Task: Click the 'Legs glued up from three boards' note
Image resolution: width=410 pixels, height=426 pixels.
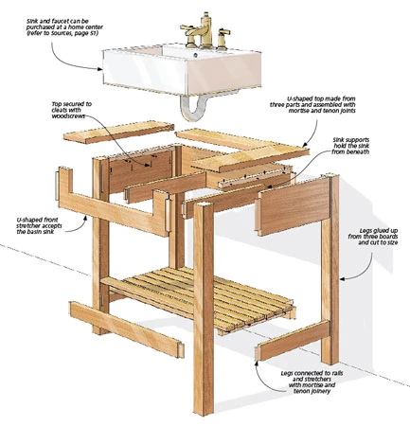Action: click(x=373, y=237)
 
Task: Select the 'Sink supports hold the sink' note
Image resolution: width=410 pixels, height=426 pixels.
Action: click(x=350, y=146)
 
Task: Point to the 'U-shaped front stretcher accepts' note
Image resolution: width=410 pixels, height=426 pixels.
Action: click(x=40, y=225)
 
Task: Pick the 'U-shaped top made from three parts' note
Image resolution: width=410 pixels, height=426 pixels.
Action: click(x=312, y=105)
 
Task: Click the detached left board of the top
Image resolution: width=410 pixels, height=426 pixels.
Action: click(x=118, y=132)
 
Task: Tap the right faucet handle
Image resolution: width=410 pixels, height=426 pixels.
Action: click(x=223, y=39)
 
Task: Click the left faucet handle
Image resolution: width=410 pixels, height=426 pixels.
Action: click(x=188, y=34)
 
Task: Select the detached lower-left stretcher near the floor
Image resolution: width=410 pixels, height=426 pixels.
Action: click(x=126, y=329)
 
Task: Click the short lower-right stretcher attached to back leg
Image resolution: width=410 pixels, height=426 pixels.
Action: click(x=292, y=341)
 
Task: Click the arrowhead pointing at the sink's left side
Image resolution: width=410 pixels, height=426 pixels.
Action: click(x=99, y=68)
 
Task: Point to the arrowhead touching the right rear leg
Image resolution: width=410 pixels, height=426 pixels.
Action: click(x=344, y=278)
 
